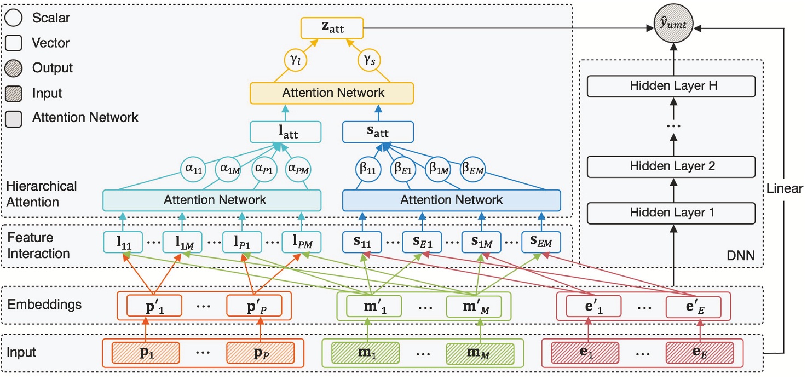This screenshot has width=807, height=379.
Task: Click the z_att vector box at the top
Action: click(x=332, y=28)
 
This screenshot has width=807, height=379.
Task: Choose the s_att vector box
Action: click(x=378, y=132)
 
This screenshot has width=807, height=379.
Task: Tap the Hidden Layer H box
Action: click(x=671, y=86)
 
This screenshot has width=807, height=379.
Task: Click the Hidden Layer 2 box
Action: click(x=671, y=166)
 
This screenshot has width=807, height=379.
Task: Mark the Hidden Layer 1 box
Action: click(x=671, y=212)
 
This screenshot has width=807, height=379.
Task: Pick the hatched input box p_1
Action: click(x=146, y=353)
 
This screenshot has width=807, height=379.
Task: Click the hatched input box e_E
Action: click(x=700, y=353)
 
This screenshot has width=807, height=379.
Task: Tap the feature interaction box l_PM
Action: click(x=301, y=242)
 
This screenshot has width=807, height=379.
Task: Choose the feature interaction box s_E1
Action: click(x=422, y=242)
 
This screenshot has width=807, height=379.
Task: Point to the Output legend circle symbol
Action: click(x=13, y=68)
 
